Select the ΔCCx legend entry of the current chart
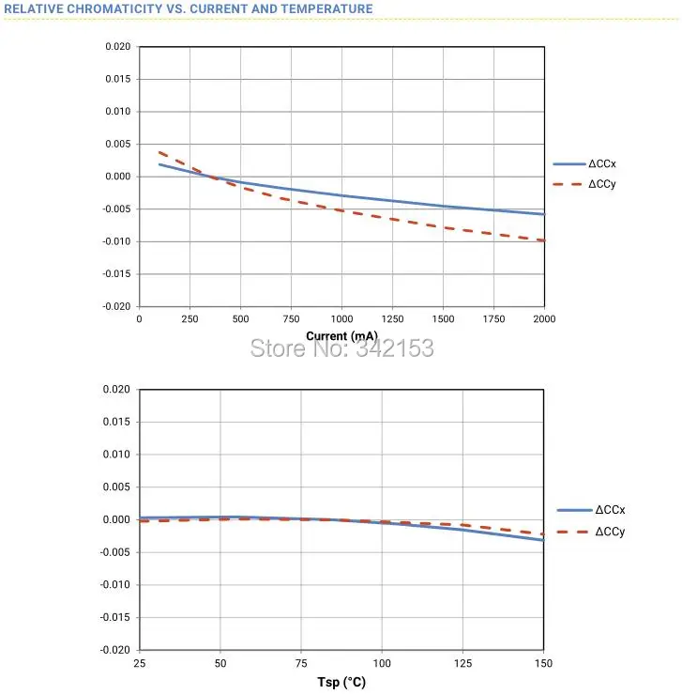584,164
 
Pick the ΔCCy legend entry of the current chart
584,184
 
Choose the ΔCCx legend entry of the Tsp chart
591,510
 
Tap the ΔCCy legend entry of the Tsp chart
591,532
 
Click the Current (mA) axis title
341,336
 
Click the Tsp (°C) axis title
341,682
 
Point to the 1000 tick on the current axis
341,319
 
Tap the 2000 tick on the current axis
544,319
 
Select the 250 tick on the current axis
190,319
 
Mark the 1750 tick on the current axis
493,319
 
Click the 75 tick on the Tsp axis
301,663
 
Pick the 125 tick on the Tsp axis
462,663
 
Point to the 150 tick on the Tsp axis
543,663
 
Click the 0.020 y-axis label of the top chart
118,47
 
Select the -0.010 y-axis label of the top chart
116,241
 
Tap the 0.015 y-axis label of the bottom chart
116,422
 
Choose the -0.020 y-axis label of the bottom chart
115,650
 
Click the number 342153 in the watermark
395,347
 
